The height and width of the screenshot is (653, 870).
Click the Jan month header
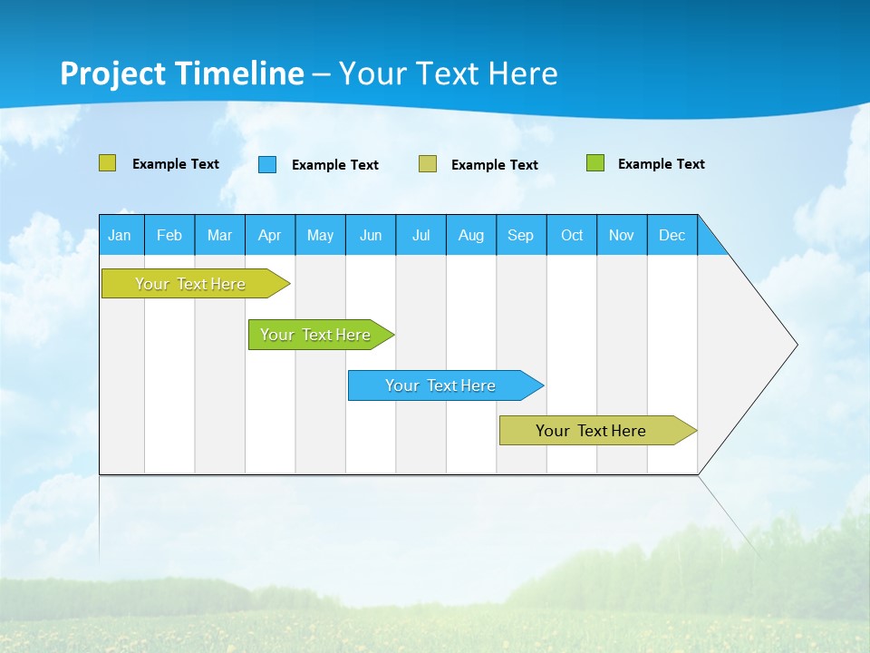click(120, 235)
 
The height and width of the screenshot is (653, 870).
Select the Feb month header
click(169, 235)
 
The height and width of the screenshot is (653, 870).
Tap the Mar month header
click(219, 235)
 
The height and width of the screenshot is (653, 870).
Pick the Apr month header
click(270, 235)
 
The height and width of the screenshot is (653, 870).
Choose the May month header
click(320, 235)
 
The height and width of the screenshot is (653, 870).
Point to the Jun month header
click(371, 235)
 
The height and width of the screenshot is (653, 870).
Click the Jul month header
click(420, 235)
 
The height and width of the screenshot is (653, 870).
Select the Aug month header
click(471, 235)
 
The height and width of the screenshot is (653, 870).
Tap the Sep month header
click(521, 235)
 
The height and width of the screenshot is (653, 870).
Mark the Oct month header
click(572, 235)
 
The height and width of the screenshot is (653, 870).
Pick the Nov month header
click(622, 235)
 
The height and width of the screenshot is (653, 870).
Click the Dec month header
click(672, 235)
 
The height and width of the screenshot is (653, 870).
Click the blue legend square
click(267, 164)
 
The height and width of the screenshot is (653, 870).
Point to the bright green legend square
click(595, 163)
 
